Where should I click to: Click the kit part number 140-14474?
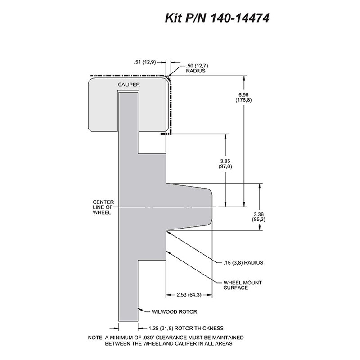239,18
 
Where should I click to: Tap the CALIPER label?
129,85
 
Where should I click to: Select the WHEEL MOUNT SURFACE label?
243,285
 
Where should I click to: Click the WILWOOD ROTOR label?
174,311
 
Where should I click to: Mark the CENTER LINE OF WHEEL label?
103,207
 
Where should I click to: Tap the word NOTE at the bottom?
95,338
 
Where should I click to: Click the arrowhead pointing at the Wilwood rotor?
140,309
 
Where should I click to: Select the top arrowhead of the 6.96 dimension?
244,78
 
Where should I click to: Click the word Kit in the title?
172,18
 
